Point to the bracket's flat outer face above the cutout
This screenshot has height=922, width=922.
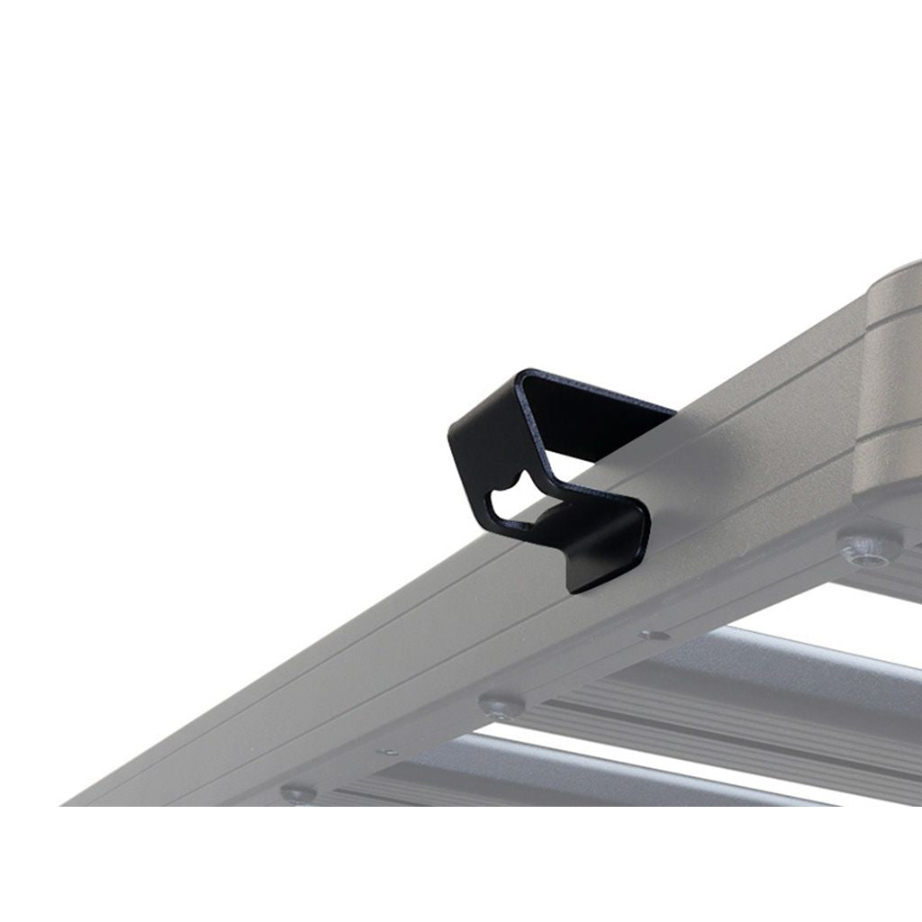486,441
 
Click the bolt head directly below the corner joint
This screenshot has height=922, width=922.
869,546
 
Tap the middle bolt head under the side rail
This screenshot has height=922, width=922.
501,705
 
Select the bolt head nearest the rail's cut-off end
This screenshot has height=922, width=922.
298,794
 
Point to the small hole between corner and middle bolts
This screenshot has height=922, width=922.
655,636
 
